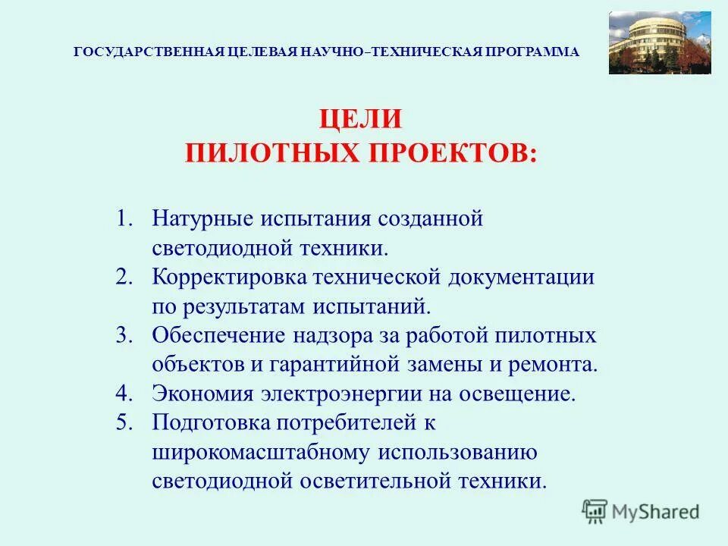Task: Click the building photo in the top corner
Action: (660, 42)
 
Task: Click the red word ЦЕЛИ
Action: (359, 120)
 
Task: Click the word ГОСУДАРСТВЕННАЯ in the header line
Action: (150, 52)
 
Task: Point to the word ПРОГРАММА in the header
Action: (534, 52)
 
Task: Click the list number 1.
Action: (124, 218)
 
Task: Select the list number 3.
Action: (124, 335)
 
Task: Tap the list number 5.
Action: (124, 422)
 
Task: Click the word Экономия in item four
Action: (202, 394)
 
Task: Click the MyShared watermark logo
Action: (641, 511)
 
